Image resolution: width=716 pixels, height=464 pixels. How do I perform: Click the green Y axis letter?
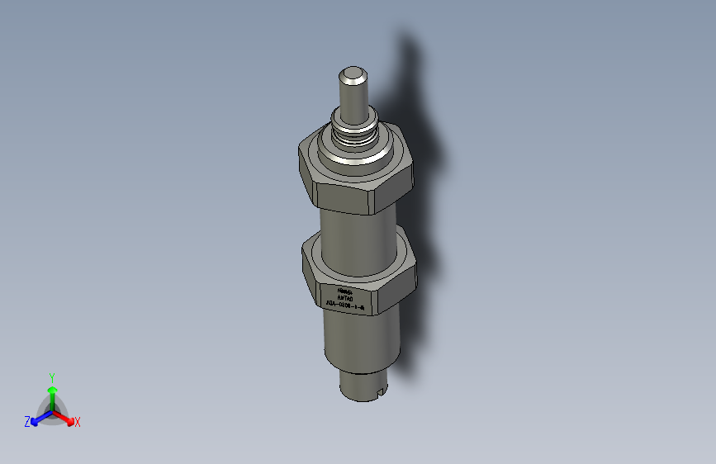pos(51,376)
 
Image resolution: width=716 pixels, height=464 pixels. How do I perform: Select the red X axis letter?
pos(78,423)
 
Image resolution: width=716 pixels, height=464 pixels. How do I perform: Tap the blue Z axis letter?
pos(27,421)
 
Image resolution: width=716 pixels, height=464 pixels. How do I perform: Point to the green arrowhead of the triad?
pos(52,390)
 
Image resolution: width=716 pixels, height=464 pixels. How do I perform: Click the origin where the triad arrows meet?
pos(52,410)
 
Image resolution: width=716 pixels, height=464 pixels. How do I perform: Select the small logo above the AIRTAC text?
pos(345,291)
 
